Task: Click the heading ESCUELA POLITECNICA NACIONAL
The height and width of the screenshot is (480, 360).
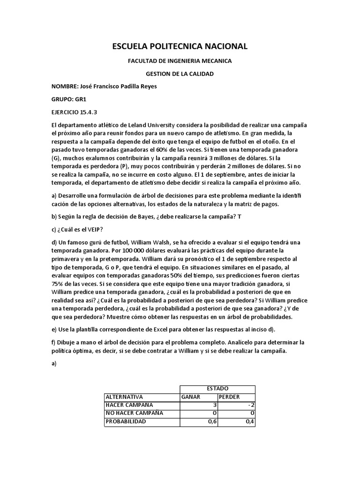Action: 180,46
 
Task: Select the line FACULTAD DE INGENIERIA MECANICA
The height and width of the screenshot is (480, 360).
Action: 180,61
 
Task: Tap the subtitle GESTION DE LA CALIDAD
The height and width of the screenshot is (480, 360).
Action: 180,74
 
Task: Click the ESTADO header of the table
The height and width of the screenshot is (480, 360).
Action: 217,389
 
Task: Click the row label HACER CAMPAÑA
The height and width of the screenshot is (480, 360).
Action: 129,405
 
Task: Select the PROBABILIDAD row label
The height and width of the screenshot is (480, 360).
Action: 126,421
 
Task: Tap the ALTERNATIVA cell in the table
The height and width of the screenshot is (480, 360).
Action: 124,397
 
